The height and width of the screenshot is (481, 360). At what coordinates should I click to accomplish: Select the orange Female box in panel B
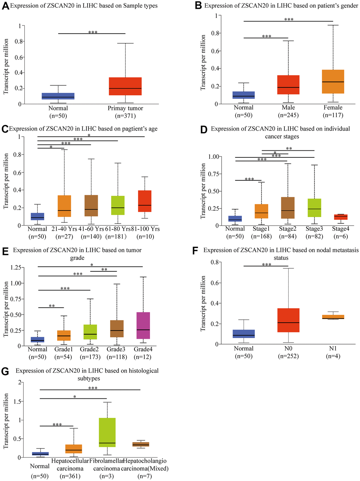point(333,82)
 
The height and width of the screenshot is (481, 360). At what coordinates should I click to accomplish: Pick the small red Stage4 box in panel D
point(341,217)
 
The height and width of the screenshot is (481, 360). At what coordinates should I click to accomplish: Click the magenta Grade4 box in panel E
point(143,325)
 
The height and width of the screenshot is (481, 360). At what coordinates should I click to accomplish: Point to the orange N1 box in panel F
point(333,317)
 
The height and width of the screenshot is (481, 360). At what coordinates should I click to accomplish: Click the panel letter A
point(5,6)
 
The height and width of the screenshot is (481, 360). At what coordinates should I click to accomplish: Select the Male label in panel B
point(288,108)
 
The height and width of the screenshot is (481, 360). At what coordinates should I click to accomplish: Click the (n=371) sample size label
point(125,116)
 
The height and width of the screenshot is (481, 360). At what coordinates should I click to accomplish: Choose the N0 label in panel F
point(288,349)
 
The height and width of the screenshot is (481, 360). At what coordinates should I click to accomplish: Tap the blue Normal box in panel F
point(244,334)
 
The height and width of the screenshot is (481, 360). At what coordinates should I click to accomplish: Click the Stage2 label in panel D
point(288,229)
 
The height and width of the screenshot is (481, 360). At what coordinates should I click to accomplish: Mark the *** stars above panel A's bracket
point(93,32)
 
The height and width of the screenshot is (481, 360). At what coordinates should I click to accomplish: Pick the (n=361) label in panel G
point(70,476)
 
